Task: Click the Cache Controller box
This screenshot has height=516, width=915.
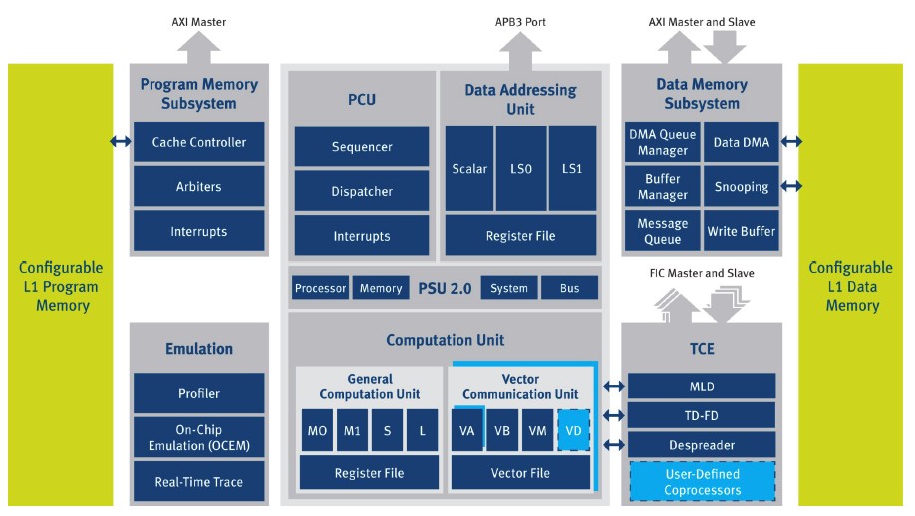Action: pos(198,142)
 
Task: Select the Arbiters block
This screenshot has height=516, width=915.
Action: pos(198,186)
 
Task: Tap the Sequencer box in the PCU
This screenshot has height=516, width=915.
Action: pos(362,147)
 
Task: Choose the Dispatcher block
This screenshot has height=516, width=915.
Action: pos(362,191)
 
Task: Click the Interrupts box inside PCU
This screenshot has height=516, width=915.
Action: pos(362,236)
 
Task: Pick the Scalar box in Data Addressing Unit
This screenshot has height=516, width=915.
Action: pos(468,168)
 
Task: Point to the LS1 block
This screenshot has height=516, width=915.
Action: pos(572,168)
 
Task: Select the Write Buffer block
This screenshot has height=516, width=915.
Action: pos(741,231)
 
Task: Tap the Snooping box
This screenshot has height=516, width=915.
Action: pos(741,186)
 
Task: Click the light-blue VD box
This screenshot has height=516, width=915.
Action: pos(573,430)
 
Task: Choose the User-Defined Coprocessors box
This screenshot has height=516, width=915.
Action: pos(703,481)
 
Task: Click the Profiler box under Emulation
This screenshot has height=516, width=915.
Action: pos(198,392)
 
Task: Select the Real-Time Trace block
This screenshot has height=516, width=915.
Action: pos(198,481)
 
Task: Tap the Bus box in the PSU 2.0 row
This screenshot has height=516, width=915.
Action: pos(569,288)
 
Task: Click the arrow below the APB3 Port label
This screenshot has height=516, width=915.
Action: pos(519,49)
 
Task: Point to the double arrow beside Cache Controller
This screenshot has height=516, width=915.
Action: pos(120,142)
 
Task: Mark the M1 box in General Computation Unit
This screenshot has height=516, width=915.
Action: pos(351,430)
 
